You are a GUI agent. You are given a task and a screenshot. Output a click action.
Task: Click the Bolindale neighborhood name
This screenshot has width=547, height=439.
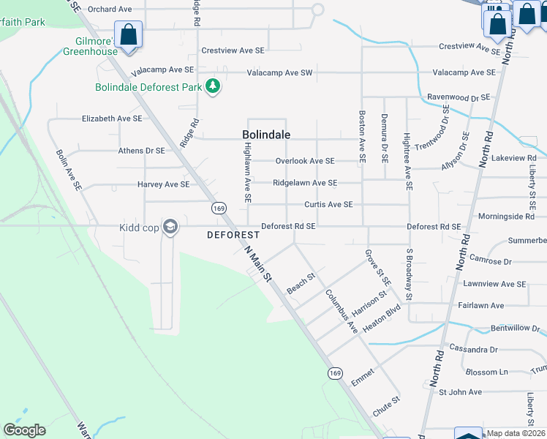click(266, 135)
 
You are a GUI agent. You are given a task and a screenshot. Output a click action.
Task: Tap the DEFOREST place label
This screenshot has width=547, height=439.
click(233, 235)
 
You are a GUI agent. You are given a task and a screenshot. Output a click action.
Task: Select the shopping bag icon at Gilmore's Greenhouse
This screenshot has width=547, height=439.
click(129, 35)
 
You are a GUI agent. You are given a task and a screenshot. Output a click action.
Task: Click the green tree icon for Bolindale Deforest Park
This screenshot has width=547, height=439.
click(213, 87)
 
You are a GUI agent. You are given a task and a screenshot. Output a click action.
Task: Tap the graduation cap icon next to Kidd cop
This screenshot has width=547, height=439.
click(170, 227)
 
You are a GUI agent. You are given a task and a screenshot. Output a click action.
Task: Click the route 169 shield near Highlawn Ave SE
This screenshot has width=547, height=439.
click(219, 209)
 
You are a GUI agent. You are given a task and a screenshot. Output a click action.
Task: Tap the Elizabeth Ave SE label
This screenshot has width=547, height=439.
click(111, 118)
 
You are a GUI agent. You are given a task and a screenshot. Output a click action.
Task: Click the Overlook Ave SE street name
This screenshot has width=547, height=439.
click(304, 161)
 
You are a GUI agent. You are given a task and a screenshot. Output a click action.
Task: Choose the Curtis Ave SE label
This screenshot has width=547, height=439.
click(328, 205)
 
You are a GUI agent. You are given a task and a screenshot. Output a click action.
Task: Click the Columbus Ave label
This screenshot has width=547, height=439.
click(341, 311)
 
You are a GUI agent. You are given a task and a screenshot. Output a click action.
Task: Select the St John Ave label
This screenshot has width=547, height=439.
click(460, 392)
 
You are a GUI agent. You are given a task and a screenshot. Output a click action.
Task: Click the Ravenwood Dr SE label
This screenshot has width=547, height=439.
click(457, 97)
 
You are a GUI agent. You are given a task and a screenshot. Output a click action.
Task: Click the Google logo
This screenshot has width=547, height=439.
click(24, 430)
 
